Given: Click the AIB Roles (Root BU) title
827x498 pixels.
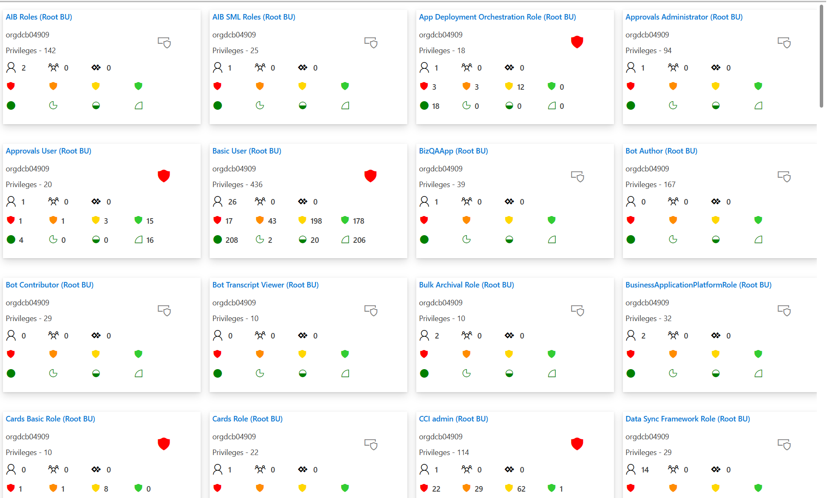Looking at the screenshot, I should pos(39,17).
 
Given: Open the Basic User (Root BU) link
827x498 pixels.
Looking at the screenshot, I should pos(247,151).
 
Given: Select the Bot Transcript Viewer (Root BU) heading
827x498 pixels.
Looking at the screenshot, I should pos(265,285).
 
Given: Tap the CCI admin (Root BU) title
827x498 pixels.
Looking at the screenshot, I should pos(453,419).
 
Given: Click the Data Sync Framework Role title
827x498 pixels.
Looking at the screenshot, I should pos(688,419).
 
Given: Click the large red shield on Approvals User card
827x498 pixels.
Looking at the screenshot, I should pos(164,176).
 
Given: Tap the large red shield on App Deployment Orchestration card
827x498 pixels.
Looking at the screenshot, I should pos(577,42).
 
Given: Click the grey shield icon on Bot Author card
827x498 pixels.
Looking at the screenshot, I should pos(784,176).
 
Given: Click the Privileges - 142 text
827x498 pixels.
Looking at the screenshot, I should pos(31,51).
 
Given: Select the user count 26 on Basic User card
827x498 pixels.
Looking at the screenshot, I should pos(232,202).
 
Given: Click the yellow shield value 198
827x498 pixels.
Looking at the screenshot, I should pos(316,221).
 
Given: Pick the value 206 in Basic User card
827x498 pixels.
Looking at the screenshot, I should pos(359,240).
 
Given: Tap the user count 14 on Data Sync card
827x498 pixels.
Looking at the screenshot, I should pos(645,470).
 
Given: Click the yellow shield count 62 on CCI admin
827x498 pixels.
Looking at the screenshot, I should pos(521,489).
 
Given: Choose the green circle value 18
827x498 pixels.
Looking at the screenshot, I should pos(435,106).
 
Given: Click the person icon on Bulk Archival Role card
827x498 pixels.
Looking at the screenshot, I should pos(424,336).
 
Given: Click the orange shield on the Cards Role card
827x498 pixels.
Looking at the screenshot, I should pos(260,488).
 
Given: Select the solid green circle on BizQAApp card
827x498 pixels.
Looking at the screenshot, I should pos(424,239).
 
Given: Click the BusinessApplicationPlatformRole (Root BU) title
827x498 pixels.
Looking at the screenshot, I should pos(698,285).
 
